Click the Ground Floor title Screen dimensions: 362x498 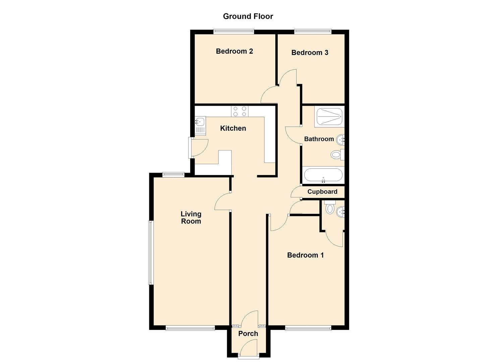[x=248, y=16]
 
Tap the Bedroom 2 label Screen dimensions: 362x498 [x=234, y=51]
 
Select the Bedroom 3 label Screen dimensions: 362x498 [x=310, y=53]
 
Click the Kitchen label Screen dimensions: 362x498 [x=233, y=128]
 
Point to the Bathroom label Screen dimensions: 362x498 [x=319, y=139]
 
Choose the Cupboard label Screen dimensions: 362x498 [x=322, y=192]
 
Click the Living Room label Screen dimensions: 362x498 [x=191, y=218]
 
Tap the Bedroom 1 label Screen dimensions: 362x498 [x=305, y=255]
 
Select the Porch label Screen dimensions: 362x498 [x=248, y=334]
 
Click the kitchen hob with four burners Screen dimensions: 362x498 [x=240, y=111]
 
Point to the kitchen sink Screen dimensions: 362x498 [x=200, y=126]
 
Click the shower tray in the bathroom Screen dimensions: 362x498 [x=329, y=117]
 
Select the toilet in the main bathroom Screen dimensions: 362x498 [x=336, y=155]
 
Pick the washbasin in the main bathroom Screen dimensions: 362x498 [x=341, y=138]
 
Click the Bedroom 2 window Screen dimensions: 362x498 [x=234, y=32]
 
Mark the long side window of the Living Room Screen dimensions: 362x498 [x=151, y=253]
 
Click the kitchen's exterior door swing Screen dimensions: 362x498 [x=200, y=148]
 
